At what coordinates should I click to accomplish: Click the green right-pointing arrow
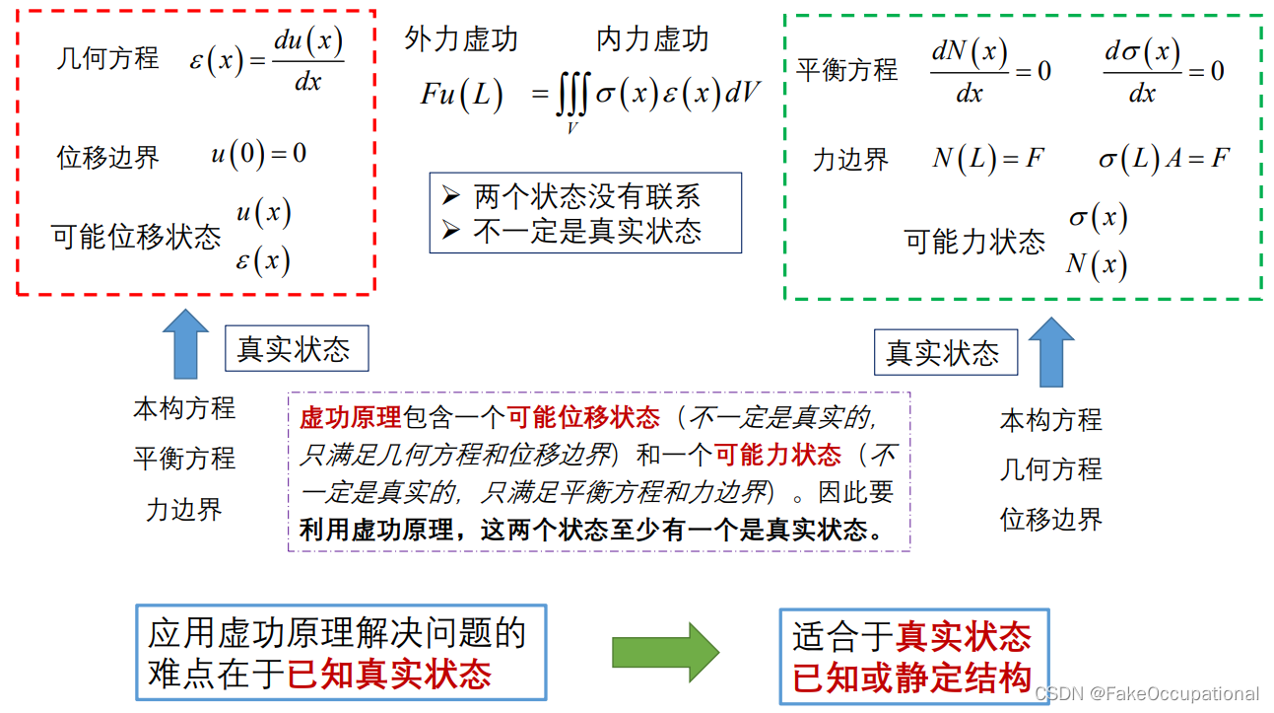[x=665, y=652]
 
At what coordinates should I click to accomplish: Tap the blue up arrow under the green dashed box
[x=1051, y=352]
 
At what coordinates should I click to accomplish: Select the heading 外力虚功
[x=461, y=39]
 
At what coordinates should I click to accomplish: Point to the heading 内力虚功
[x=652, y=39]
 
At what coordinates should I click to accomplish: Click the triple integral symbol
[x=572, y=97]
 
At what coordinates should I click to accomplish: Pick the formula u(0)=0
[x=258, y=154]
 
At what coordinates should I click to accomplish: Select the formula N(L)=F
[x=987, y=159]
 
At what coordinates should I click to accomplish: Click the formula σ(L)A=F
[x=1164, y=159]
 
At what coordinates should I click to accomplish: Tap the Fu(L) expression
[x=462, y=95]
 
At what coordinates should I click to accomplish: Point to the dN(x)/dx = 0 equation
[x=990, y=71]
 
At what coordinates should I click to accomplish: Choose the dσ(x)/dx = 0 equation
[x=1163, y=71]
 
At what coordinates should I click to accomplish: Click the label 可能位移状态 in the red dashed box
[x=136, y=237]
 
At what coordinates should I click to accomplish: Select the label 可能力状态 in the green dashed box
[x=974, y=242]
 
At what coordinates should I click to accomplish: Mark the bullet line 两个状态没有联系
[x=586, y=196]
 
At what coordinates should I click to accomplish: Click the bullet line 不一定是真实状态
[x=586, y=231]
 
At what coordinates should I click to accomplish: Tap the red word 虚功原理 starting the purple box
[x=350, y=417]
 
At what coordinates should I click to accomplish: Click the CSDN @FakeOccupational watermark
[x=1147, y=694]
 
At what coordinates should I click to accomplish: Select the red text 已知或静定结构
[x=912, y=678]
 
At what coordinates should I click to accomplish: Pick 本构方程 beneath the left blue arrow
[x=184, y=407]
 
